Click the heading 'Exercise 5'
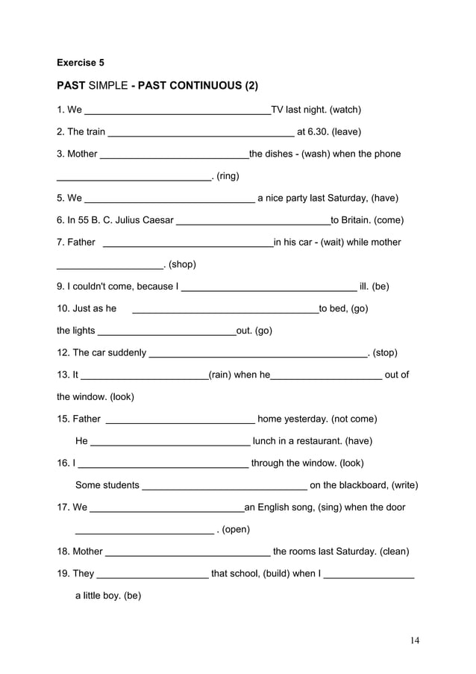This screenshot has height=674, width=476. click(81, 63)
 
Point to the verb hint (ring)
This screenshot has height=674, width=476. click(228, 176)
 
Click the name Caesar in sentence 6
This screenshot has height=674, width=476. click(154, 220)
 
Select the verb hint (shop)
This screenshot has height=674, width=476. click(182, 264)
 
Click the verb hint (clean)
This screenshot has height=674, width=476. click(394, 552)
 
